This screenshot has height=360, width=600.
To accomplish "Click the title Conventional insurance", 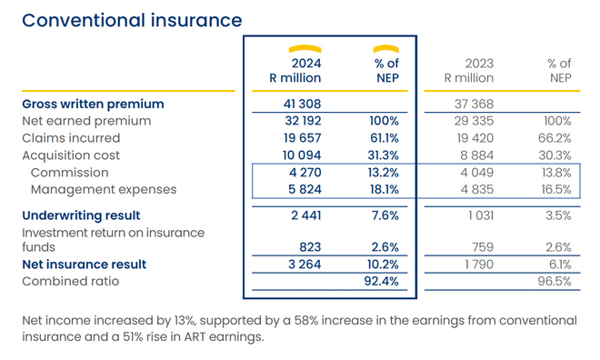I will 132,19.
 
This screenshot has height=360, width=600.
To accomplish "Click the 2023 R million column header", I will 468,71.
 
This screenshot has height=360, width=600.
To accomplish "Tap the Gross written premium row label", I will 93,104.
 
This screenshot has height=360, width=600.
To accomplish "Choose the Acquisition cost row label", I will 71,155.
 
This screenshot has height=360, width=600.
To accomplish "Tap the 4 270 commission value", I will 305,173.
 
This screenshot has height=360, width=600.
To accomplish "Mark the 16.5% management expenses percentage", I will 555,190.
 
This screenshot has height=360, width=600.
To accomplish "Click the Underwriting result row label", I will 81,215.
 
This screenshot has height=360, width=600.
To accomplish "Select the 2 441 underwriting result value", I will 305,215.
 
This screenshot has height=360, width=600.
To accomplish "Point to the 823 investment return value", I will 310,246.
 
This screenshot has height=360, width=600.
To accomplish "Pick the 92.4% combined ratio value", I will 382,282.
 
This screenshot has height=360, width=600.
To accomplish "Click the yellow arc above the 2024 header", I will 305,48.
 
